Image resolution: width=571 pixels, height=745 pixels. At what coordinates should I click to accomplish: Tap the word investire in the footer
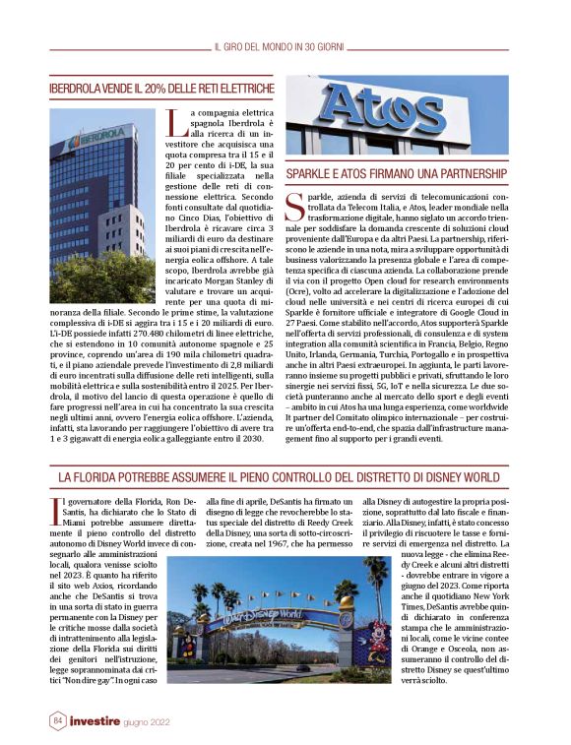[95, 721]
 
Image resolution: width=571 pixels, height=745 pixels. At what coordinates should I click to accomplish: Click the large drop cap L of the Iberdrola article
[176, 124]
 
